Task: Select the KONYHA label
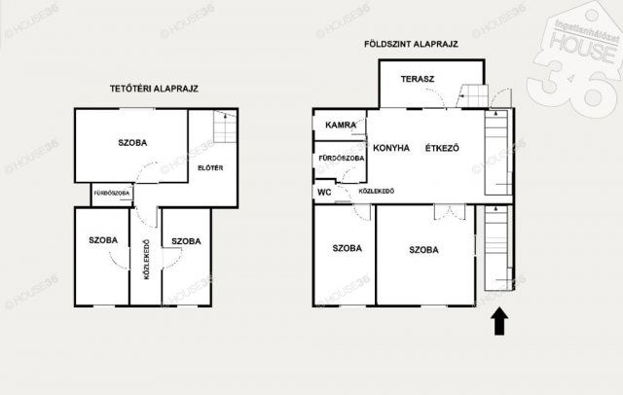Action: pos(389,149)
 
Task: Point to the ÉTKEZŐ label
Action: pos(442,149)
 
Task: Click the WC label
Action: pos(324,192)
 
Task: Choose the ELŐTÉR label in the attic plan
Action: pos(210,168)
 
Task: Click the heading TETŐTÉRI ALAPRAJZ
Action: pos(154,89)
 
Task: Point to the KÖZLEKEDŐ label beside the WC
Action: pos(376,192)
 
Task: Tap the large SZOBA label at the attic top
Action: pos(133,143)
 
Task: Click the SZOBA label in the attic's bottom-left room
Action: pos(103,240)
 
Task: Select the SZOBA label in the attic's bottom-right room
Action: pos(186,240)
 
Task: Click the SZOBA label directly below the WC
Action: pos(347,249)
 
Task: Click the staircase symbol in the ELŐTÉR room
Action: pos(223,127)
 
